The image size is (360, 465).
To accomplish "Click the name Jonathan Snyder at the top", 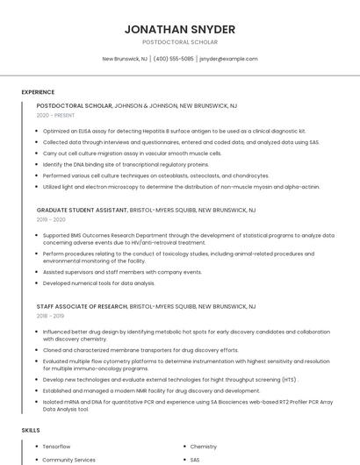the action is coord(180,29).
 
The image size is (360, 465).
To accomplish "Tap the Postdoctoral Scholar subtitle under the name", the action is coord(180,42).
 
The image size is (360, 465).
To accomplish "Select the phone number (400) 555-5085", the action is coord(174,59).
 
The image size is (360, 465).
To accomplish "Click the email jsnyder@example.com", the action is coord(228,59).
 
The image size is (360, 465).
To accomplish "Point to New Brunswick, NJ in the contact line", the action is coord(125,59).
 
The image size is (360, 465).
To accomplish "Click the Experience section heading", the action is coord(38,91).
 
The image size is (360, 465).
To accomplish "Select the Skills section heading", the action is coord(31,431).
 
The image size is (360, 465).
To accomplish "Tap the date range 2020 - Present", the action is coord(55,115).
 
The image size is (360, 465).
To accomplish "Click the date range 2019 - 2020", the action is coord(51,220).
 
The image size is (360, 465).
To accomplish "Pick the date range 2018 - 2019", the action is coord(50,316).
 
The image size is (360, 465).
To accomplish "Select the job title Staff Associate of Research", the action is coord(82,306).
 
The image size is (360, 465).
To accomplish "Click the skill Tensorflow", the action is coord(56,447).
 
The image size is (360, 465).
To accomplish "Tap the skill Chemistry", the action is coord(204,447).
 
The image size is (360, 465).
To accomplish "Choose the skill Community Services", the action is coord(68,459).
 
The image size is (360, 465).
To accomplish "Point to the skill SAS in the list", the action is coord(195,459).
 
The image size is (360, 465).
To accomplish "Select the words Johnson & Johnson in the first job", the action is coord(146,105).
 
